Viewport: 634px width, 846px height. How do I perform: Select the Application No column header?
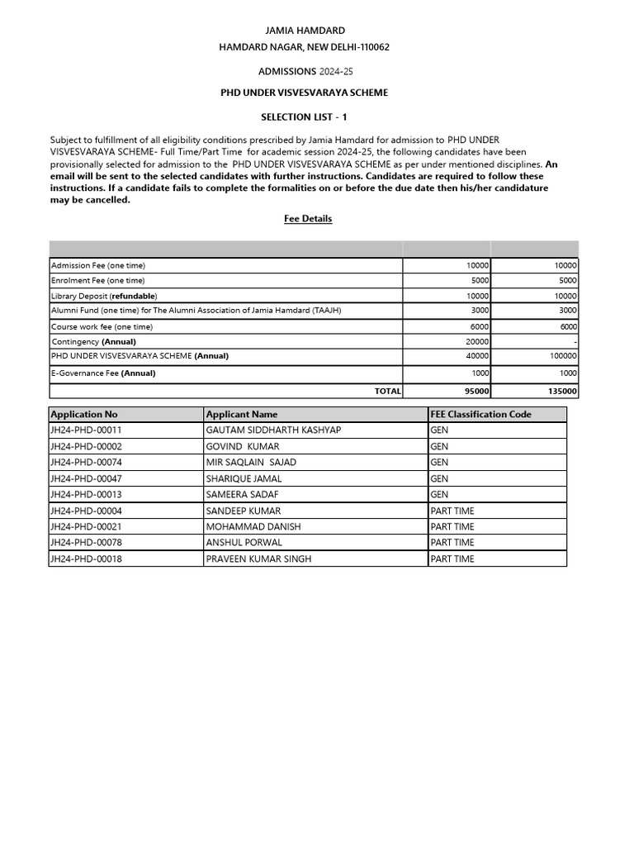coord(83,414)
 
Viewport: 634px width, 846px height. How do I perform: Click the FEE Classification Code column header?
coord(480,414)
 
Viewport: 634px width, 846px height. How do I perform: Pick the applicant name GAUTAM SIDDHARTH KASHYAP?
coord(273,430)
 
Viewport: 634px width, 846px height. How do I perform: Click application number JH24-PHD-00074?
coord(86,463)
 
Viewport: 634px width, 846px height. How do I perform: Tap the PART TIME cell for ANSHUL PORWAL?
coord(452,543)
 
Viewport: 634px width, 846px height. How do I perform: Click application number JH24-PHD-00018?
coord(86,559)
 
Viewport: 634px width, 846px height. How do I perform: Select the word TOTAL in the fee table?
coord(387,392)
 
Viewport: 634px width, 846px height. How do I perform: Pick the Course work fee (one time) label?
coord(102,327)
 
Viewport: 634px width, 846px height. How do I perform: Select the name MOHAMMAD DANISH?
coord(253,527)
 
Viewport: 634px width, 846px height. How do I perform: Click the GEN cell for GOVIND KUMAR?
coord(439,447)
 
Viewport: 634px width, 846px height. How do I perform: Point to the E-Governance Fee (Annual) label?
coord(103,373)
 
